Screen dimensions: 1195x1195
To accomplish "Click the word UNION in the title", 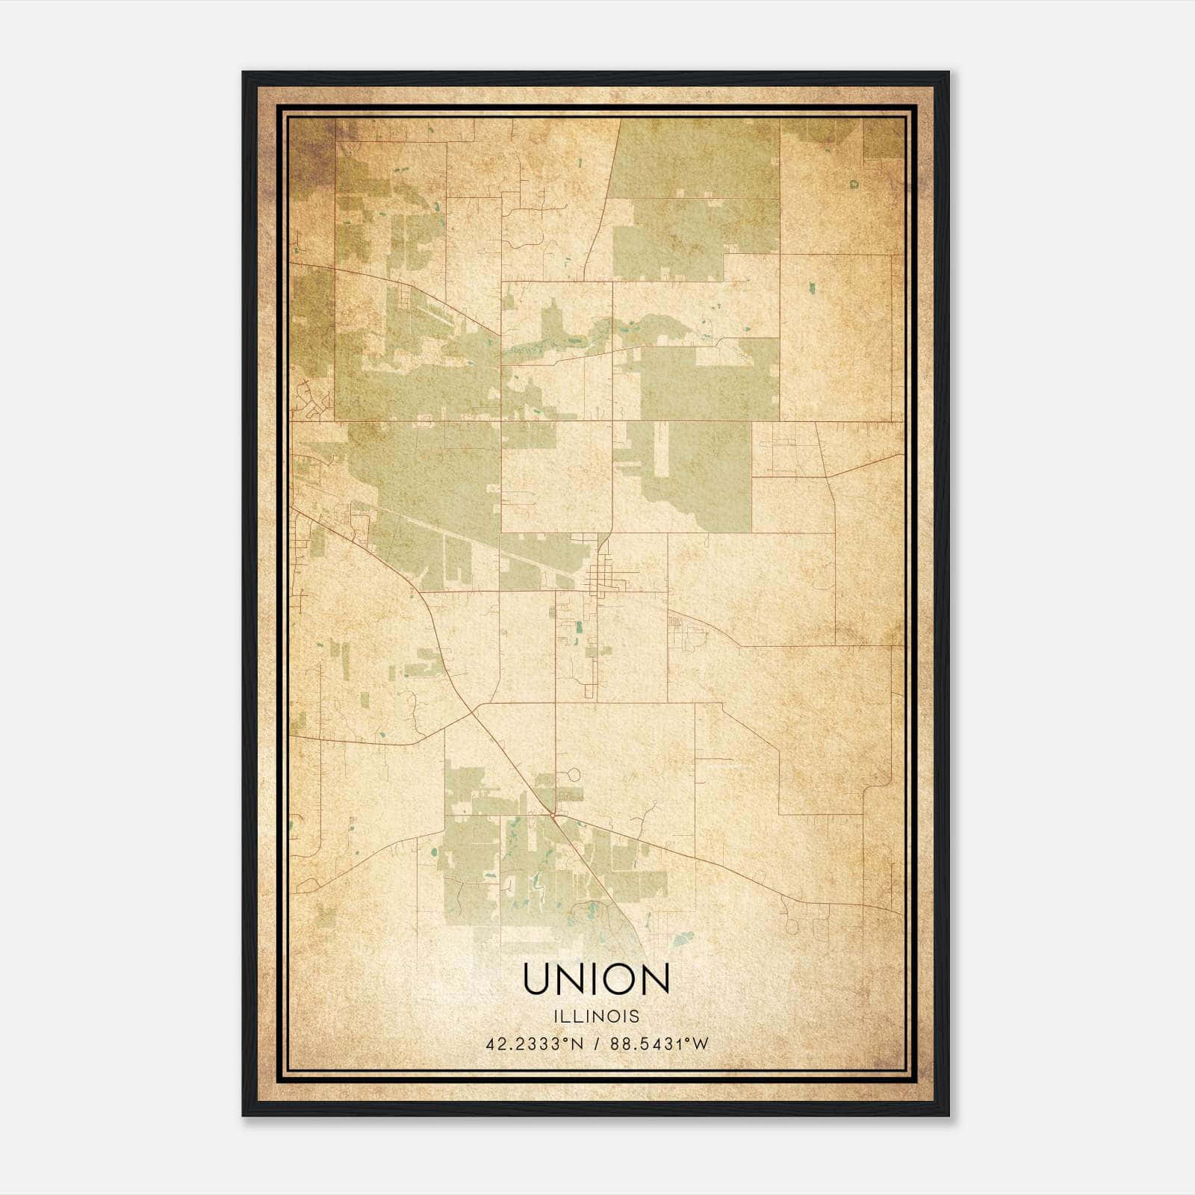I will point(596,979).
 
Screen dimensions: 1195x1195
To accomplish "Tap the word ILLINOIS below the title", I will point(596,1016).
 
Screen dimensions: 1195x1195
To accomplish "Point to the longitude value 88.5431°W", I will point(659,1044).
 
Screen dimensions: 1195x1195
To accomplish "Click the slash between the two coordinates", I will point(597,1044).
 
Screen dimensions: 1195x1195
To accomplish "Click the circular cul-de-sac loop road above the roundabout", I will point(573,775).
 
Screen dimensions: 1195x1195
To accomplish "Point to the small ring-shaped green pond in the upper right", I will point(854,183).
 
